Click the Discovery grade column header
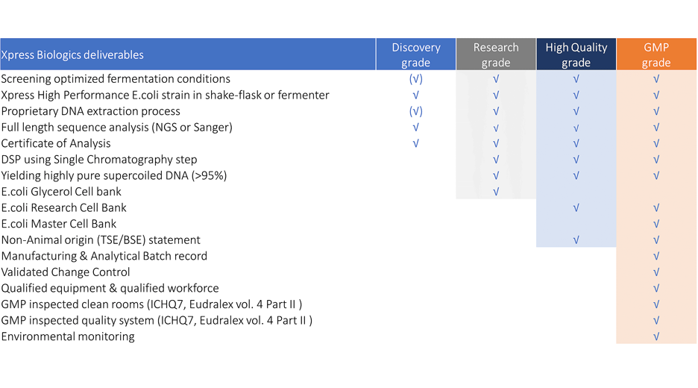[x=416, y=54]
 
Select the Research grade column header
[x=496, y=54]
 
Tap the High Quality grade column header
[x=576, y=54]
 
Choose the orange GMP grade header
[x=656, y=54]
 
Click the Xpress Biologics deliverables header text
[x=72, y=54]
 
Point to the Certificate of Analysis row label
[x=56, y=143]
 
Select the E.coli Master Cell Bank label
[x=59, y=224]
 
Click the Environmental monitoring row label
[x=68, y=337]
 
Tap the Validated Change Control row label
[x=66, y=272]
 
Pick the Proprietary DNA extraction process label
[x=90, y=111]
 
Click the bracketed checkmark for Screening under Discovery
[x=416, y=79]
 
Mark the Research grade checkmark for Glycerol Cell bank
[x=496, y=192]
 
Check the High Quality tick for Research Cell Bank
[x=576, y=207]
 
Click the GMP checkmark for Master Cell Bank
[x=656, y=224]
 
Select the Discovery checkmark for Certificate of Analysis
[x=416, y=143]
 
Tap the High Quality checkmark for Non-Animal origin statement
[x=576, y=240]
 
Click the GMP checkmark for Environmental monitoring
[x=656, y=337]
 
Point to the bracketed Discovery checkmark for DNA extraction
[x=416, y=111]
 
